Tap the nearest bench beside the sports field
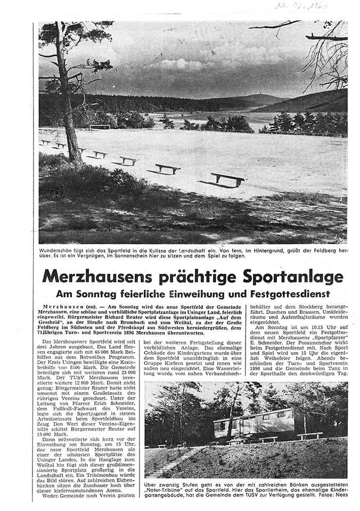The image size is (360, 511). tap(228, 179)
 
